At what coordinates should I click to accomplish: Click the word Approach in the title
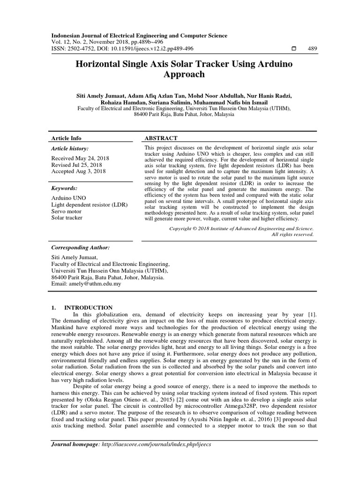pyautogui.click(x=184, y=74)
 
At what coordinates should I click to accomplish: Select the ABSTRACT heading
pyautogui.click(x=161, y=138)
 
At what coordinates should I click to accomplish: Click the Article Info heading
pyautogui.click(x=66, y=138)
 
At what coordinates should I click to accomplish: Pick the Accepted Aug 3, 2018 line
pyautogui.click(x=78, y=172)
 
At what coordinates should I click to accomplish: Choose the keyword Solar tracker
pyautogui.click(x=67, y=218)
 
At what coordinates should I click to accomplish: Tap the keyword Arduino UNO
pyautogui.click(x=68, y=198)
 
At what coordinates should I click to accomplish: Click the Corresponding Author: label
pyautogui.click(x=80, y=247)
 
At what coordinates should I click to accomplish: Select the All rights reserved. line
pyautogui.click(x=292, y=234)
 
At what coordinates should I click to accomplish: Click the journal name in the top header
pyautogui.click(x=139, y=36)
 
